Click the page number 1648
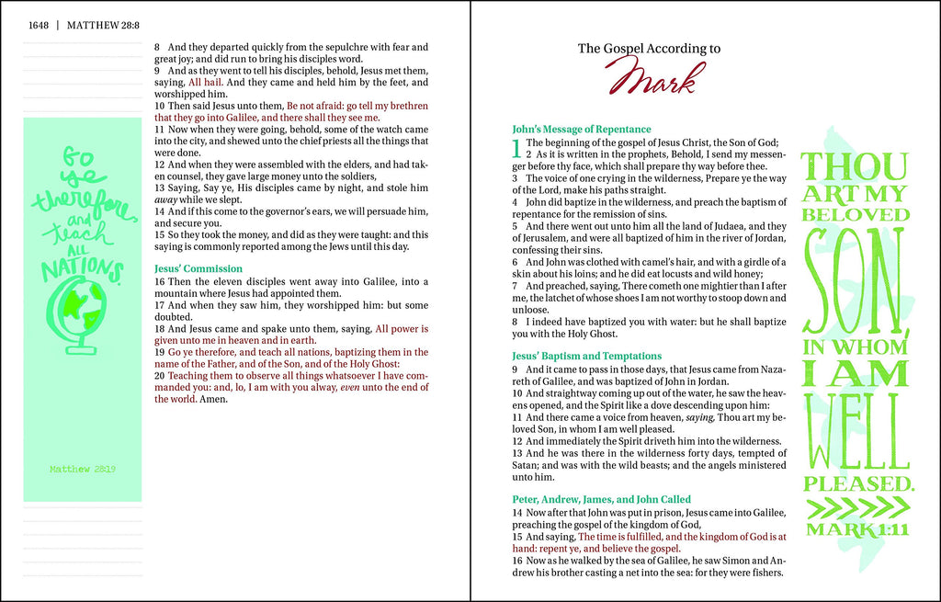[x=38, y=25]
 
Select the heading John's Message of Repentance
[x=581, y=130]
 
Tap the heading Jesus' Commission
[x=198, y=268]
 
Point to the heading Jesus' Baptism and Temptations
[x=586, y=356]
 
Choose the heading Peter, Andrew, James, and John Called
[x=601, y=499]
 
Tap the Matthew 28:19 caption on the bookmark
[x=83, y=469]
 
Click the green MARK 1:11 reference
[x=856, y=529]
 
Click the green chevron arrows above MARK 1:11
[x=856, y=507]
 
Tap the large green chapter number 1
[x=516, y=148]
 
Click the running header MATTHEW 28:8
[x=103, y=25]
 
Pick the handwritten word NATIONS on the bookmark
[x=82, y=267]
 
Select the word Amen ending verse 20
[x=213, y=399]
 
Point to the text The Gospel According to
[x=648, y=49]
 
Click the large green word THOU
[x=855, y=167]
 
